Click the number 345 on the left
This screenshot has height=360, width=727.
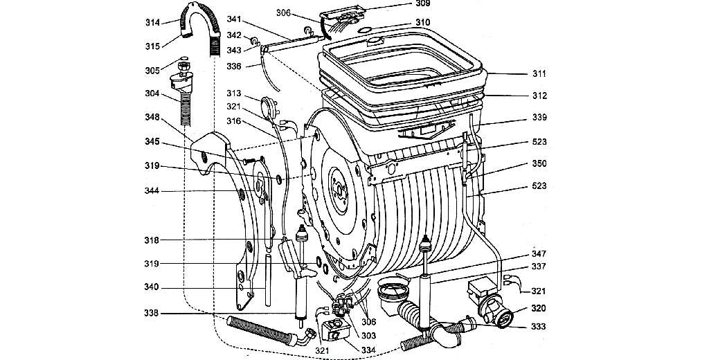[152, 142]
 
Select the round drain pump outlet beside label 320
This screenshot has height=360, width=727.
[503, 318]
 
